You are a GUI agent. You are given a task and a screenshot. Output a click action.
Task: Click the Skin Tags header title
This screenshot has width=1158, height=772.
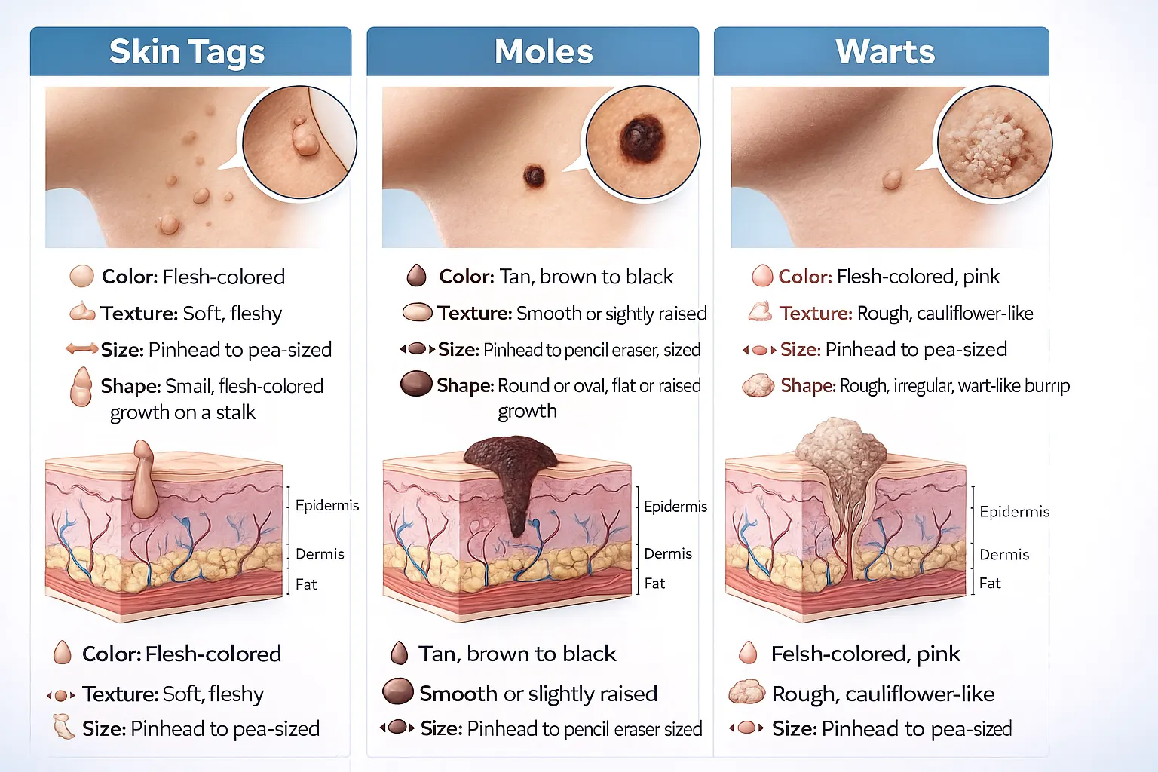[x=187, y=52]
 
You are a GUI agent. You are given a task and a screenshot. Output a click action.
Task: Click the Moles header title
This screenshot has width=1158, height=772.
[x=544, y=52]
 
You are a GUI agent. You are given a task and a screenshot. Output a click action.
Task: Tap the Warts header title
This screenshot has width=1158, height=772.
[x=885, y=52]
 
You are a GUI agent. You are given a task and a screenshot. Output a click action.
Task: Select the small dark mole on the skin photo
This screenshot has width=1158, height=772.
[x=534, y=176]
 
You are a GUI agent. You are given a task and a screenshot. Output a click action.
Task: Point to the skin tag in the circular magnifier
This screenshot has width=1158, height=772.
[x=305, y=138]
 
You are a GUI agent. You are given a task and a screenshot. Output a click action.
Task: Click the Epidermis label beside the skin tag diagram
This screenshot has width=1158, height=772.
[x=326, y=505]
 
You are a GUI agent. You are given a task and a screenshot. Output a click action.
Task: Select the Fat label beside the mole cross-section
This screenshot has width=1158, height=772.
[x=654, y=583]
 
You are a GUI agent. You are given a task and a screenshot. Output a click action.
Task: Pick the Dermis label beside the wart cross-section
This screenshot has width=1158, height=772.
[x=1004, y=555]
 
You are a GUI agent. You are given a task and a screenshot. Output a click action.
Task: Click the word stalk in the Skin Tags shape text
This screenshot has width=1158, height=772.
[x=236, y=412]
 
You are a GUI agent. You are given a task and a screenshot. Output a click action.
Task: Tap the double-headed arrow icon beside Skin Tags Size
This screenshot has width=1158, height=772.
[x=81, y=349]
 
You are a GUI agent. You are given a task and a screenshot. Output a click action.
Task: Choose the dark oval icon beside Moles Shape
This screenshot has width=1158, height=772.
[x=415, y=384]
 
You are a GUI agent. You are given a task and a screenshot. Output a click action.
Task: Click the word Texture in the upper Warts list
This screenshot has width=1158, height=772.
[x=816, y=313]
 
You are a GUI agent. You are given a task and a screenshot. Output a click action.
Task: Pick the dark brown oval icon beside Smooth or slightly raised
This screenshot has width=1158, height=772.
[x=397, y=691]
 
